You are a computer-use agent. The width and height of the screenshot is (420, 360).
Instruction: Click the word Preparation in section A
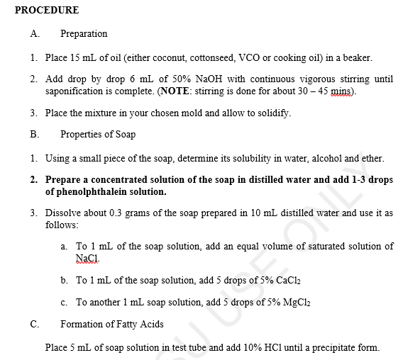coord(84,33)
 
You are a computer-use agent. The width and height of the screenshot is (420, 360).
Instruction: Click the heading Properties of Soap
coord(98,135)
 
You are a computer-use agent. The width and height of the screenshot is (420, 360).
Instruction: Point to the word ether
coord(372,158)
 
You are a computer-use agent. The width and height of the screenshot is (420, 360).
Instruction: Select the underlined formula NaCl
coord(87,258)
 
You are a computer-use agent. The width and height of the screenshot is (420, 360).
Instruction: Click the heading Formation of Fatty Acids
coord(112,325)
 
